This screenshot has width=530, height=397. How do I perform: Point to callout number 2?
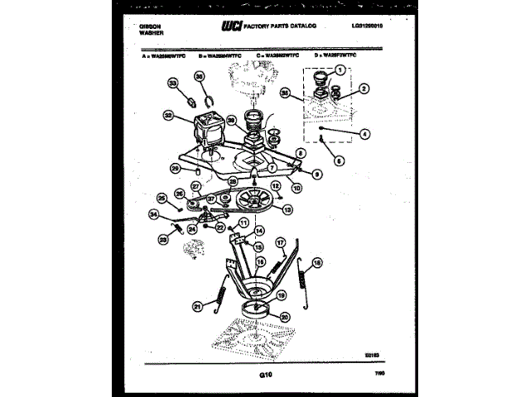[x=364, y=88]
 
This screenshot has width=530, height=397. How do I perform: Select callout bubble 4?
[x=365, y=133]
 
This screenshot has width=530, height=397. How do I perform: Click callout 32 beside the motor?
[x=169, y=117]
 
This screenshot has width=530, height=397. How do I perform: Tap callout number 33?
[x=173, y=84]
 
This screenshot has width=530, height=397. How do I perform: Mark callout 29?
[x=175, y=169]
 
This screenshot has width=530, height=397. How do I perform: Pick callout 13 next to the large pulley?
[x=288, y=210]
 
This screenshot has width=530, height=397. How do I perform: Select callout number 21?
[x=197, y=307]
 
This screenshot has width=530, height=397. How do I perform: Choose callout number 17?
[x=280, y=244]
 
